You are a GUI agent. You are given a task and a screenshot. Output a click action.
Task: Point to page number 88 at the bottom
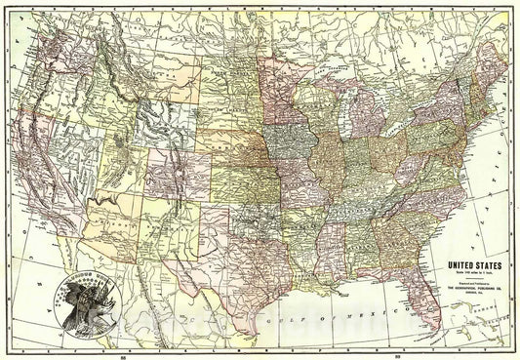(121, 355)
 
